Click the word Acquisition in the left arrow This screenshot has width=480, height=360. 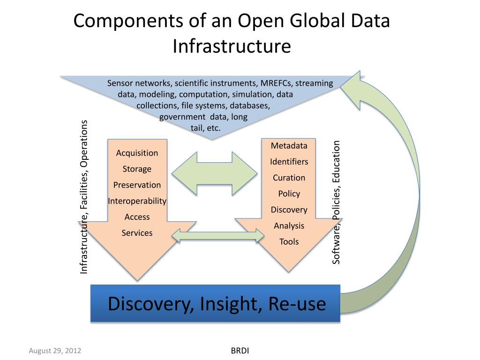(x=137, y=153)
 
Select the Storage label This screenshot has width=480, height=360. (x=137, y=169)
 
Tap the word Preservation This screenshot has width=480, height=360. (x=137, y=185)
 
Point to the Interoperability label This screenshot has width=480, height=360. (x=137, y=201)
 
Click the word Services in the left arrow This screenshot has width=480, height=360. (x=137, y=233)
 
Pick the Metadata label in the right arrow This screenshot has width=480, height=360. (x=289, y=146)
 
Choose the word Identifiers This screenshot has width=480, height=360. (x=289, y=162)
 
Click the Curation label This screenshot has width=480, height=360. (x=289, y=178)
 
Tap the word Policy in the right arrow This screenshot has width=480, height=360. (x=289, y=194)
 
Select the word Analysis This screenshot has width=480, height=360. (x=289, y=226)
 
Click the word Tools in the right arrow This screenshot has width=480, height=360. (x=289, y=242)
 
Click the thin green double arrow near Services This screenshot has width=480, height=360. (x=215, y=236)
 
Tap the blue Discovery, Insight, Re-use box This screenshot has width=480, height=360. (x=215, y=303)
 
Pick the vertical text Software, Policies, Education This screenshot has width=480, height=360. (x=336, y=202)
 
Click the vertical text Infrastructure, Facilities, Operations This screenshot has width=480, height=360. (x=84, y=197)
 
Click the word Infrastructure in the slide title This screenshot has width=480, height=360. (x=232, y=46)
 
